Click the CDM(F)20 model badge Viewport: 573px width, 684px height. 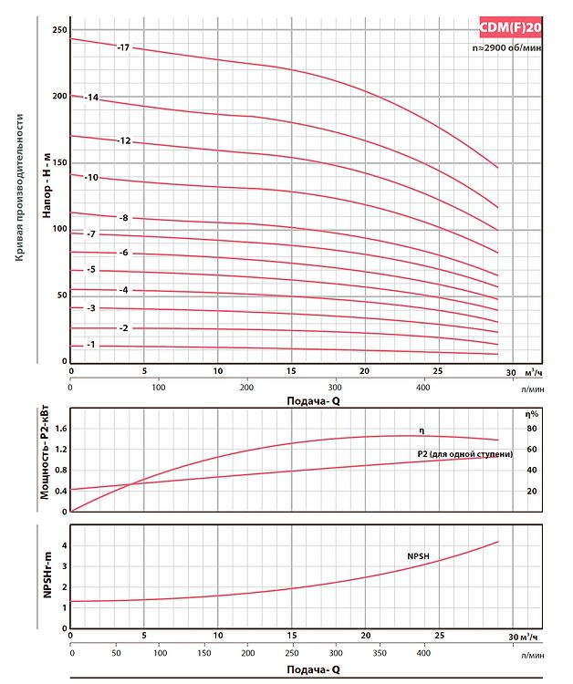510,26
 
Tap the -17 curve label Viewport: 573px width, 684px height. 124,47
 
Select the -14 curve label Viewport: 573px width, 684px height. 91,97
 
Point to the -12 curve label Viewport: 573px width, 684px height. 124,141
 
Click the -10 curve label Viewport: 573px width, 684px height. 91,177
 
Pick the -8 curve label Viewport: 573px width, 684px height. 123,218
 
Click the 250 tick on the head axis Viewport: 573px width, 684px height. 59,30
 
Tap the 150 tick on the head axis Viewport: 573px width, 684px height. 59,162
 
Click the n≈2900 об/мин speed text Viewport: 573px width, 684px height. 506,47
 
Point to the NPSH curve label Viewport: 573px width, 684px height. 419,555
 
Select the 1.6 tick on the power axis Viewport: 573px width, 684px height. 62,428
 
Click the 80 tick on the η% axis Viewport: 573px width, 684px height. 530,428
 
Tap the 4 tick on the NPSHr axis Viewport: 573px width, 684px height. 64,544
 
